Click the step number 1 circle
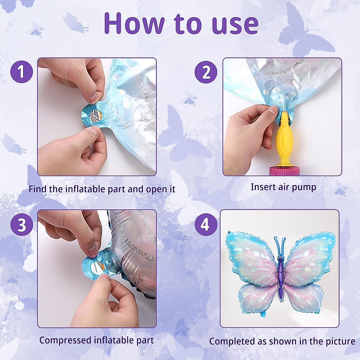[x=21, y=72]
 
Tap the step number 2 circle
[x=206, y=72]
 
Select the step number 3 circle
[x=21, y=224]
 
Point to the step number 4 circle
[x=205, y=224]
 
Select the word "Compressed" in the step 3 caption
[x=65, y=340]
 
